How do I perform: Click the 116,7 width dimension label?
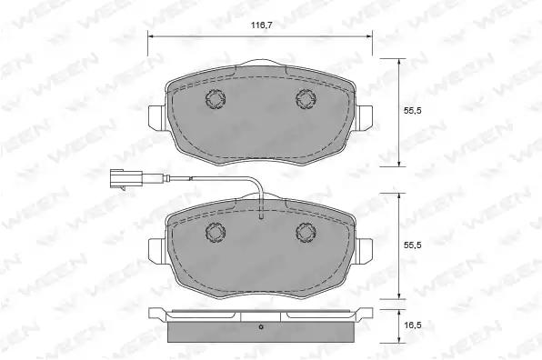(x=261, y=25)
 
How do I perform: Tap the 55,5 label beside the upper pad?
(x=413, y=111)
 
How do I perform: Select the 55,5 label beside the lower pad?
(x=413, y=245)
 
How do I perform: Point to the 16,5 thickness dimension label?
(x=413, y=325)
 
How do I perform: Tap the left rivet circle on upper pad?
(x=215, y=99)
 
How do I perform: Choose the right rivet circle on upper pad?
(x=306, y=99)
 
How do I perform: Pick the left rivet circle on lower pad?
(x=216, y=233)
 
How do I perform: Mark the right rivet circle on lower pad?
(x=306, y=233)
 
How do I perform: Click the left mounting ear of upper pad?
(x=158, y=118)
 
